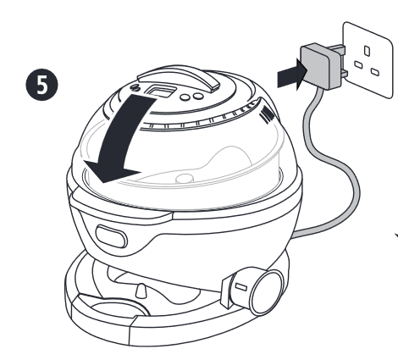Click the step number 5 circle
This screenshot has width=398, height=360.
click(x=42, y=85)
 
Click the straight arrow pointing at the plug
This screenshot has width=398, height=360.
click(x=291, y=75)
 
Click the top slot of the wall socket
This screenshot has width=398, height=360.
click(x=367, y=51)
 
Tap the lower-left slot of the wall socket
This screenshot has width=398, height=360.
click(x=358, y=64)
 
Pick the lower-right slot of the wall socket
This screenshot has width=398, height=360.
click(x=375, y=72)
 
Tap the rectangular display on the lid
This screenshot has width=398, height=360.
click(x=160, y=91)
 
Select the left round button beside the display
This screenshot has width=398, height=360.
click(x=185, y=97)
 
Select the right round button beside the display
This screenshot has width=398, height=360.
click(x=198, y=96)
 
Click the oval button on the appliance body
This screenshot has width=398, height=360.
click(x=111, y=236)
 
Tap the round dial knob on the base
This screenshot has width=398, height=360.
click(x=267, y=292)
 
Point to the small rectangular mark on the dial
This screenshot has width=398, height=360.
click(x=241, y=287)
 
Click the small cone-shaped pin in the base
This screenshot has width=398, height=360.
click(x=141, y=291)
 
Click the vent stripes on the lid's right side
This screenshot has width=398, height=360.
click(x=267, y=114)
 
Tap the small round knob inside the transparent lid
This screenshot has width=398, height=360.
click(x=184, y=179)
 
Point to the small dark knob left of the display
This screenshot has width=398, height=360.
click(x=135, y=87)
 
